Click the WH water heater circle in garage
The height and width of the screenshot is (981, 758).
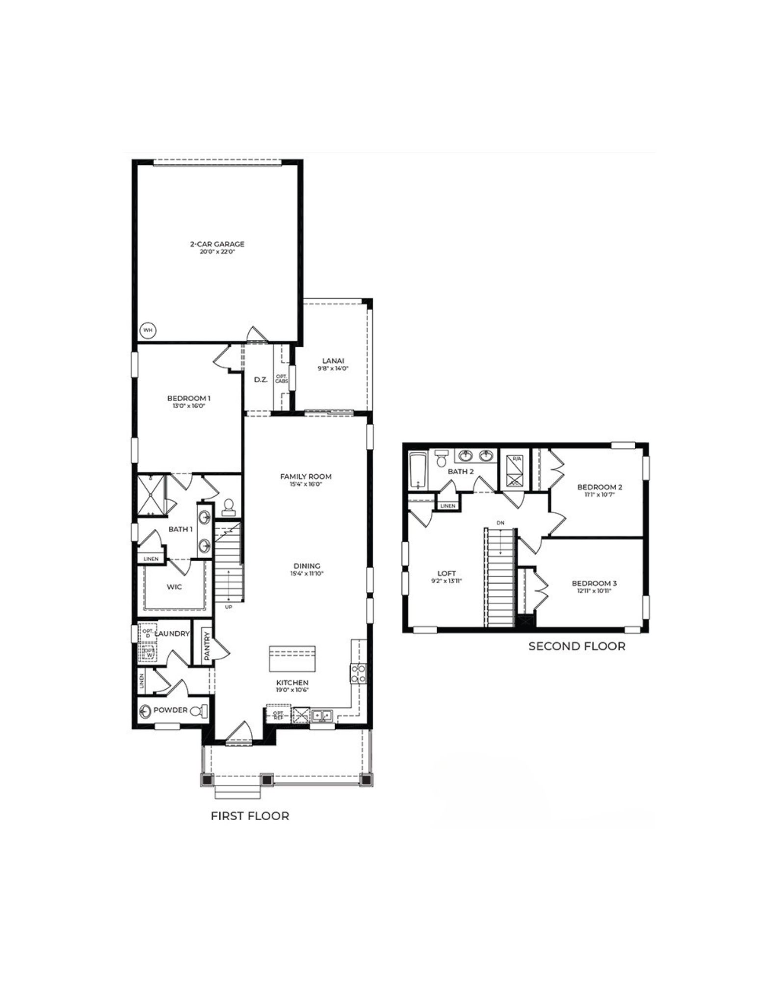click(x=148, y=331)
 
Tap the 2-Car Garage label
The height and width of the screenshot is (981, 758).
click(x=217, y=244)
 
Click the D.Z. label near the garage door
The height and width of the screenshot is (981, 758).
click(x=261, y=380)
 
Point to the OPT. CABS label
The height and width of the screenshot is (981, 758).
click(x=282, y=379)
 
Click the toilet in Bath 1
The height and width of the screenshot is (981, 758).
click(x=228, y=507)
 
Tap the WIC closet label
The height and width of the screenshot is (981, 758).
click(x=175, y=587)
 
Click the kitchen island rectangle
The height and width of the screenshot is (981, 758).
click(x=292, y=659)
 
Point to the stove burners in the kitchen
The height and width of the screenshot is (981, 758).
click(x=357, y=673)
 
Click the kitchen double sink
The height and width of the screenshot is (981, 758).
click(x=322, y=715)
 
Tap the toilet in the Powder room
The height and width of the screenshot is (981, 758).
click(x=201, y=711)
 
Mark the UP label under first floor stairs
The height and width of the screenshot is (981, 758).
click(x=228, y=607)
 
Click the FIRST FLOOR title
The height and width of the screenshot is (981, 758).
click(x=250, y=816)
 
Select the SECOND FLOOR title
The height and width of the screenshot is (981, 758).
click(x=576, y=646)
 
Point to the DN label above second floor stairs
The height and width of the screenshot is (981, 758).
click(x=500, y=523)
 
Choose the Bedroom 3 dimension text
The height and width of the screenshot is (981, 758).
click(x=594, y=591)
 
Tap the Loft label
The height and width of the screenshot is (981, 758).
click(x=446, y=573)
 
